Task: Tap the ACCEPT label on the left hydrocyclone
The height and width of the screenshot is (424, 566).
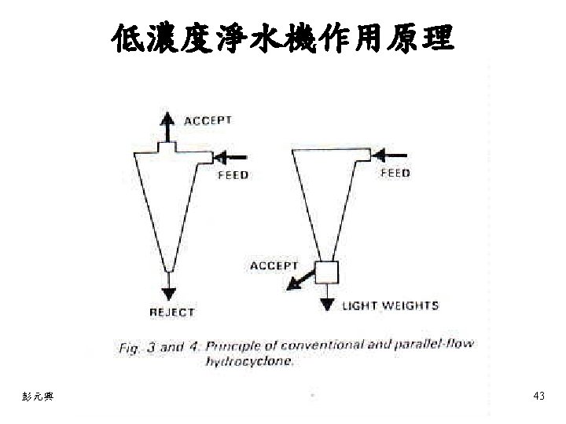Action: [x=208, y=120]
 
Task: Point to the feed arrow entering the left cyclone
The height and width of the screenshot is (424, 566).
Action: [x=233, y=156]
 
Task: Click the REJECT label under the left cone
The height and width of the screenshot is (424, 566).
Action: [x=172, y=313]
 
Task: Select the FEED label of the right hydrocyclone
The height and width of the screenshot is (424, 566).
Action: [x=395, y=173]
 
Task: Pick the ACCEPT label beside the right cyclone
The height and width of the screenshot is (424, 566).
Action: [x=274, y=265]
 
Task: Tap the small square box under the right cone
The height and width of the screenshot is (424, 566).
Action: [x=326, y=272]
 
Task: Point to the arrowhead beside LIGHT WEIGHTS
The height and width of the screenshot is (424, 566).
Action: [x=327, y=305]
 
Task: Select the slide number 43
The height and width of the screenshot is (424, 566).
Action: [x=538, y=397]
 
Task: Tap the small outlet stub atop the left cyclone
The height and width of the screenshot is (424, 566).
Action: [x=167, y=146]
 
